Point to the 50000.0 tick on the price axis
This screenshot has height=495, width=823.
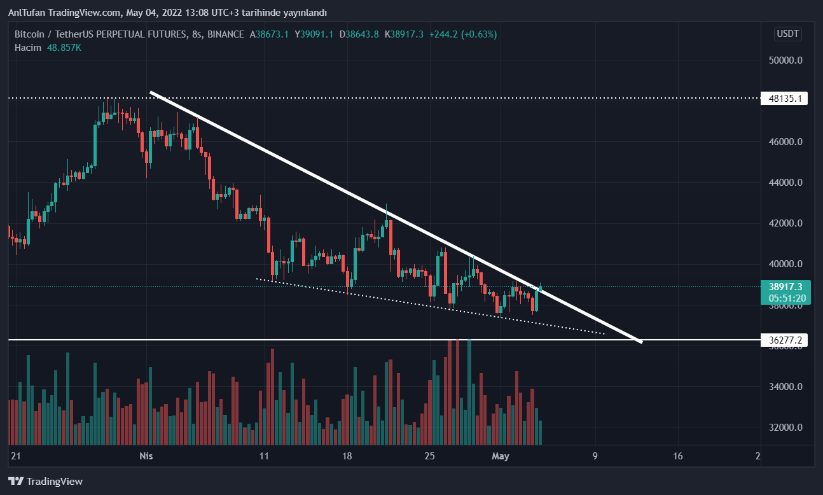click(785, 60)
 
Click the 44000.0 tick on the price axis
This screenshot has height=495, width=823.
click(785, 183)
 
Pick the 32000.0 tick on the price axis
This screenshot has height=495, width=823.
click(785, 428)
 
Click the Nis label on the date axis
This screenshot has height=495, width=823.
click(146, 456)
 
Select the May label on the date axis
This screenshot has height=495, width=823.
click(501, 456)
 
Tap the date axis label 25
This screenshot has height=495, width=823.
click(430, 456)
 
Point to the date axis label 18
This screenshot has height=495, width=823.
click(347, 456)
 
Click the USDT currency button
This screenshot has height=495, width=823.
click(787, 34)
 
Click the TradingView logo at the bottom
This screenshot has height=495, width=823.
click(45, 482)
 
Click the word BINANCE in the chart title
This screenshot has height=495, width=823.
click(226, 34)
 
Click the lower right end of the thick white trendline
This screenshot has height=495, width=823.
click(640, 342)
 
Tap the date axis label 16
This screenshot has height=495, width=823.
click(677, 456)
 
